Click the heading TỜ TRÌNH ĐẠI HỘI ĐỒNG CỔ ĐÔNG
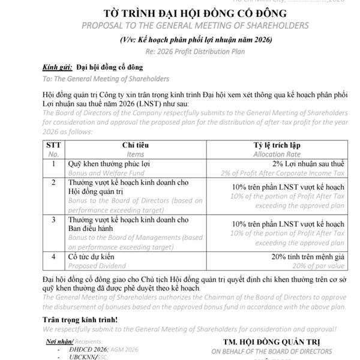[186, 13]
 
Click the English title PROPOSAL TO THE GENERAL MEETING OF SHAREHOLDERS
[186, 26]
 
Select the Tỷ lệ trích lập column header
[275, 145]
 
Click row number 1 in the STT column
[54, 163]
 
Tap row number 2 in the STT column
[54, 182]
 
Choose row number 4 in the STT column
[54, 256]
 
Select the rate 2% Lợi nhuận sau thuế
[307, 163]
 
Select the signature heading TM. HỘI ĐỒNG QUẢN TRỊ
[276, 342]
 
